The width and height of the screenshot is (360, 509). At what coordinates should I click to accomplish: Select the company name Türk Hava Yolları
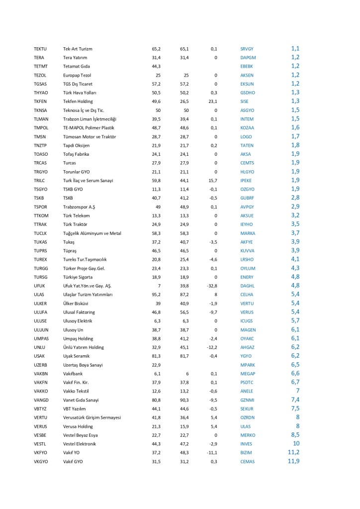pyautogui.click(x=80, y=93)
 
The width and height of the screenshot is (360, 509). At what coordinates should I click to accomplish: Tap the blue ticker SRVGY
pyautogui.click(x=247, y=49)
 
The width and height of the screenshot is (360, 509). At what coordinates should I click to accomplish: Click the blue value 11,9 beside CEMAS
pyautogui.click(x=293, y=461)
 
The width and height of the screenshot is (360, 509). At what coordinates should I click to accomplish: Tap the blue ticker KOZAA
pyautogui.click(x=247, y=128)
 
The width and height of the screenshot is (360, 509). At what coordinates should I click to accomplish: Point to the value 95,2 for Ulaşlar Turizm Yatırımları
pyautogui.click(x=156, y=295)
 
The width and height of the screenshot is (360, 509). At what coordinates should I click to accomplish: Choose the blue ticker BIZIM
pyautogui.click(x=246, y=452)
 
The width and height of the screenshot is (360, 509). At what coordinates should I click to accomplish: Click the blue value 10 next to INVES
pyautogui.click(x=296, y=443)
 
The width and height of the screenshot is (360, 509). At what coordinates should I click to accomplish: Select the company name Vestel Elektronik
pyautogui.click(x=80, y=443)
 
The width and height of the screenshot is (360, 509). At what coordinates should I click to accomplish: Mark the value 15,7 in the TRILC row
pyautogui.click(x=213, y=180)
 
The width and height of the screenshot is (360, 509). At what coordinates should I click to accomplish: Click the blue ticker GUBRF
pyautogui.click(x=247, y=198)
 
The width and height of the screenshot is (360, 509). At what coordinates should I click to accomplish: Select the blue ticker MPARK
pyautogui.click(x=248, y=365)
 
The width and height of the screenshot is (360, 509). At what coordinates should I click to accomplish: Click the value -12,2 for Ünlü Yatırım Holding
pyautogui.click(x=213, y=347)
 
